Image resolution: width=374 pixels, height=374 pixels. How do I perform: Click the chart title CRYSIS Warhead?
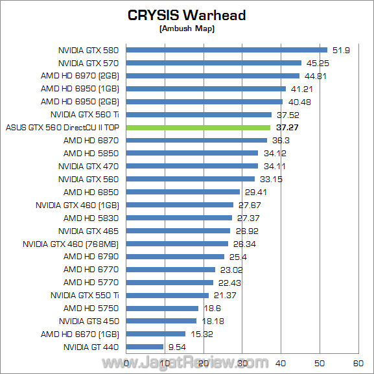(187, 15)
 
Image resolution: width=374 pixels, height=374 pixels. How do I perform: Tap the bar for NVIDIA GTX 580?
(226, 50)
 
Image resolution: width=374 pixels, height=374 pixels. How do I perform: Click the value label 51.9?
(340, 50)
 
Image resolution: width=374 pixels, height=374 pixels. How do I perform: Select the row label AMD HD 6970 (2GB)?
(80, 76)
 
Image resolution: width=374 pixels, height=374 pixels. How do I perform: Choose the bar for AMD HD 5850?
(192, 153)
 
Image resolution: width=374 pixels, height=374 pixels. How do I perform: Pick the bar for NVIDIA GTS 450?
(161, 321)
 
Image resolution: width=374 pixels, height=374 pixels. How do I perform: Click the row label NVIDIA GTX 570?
(89, 63)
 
